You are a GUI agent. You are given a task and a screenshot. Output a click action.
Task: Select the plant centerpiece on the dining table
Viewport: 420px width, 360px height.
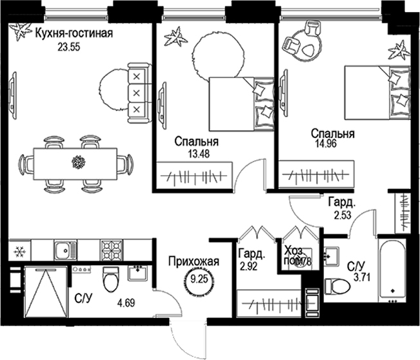[78, 161]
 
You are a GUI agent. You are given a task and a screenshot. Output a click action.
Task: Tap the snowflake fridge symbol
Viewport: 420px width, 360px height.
[19, 250]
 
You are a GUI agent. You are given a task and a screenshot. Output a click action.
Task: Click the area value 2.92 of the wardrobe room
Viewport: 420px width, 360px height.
[248, 265]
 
